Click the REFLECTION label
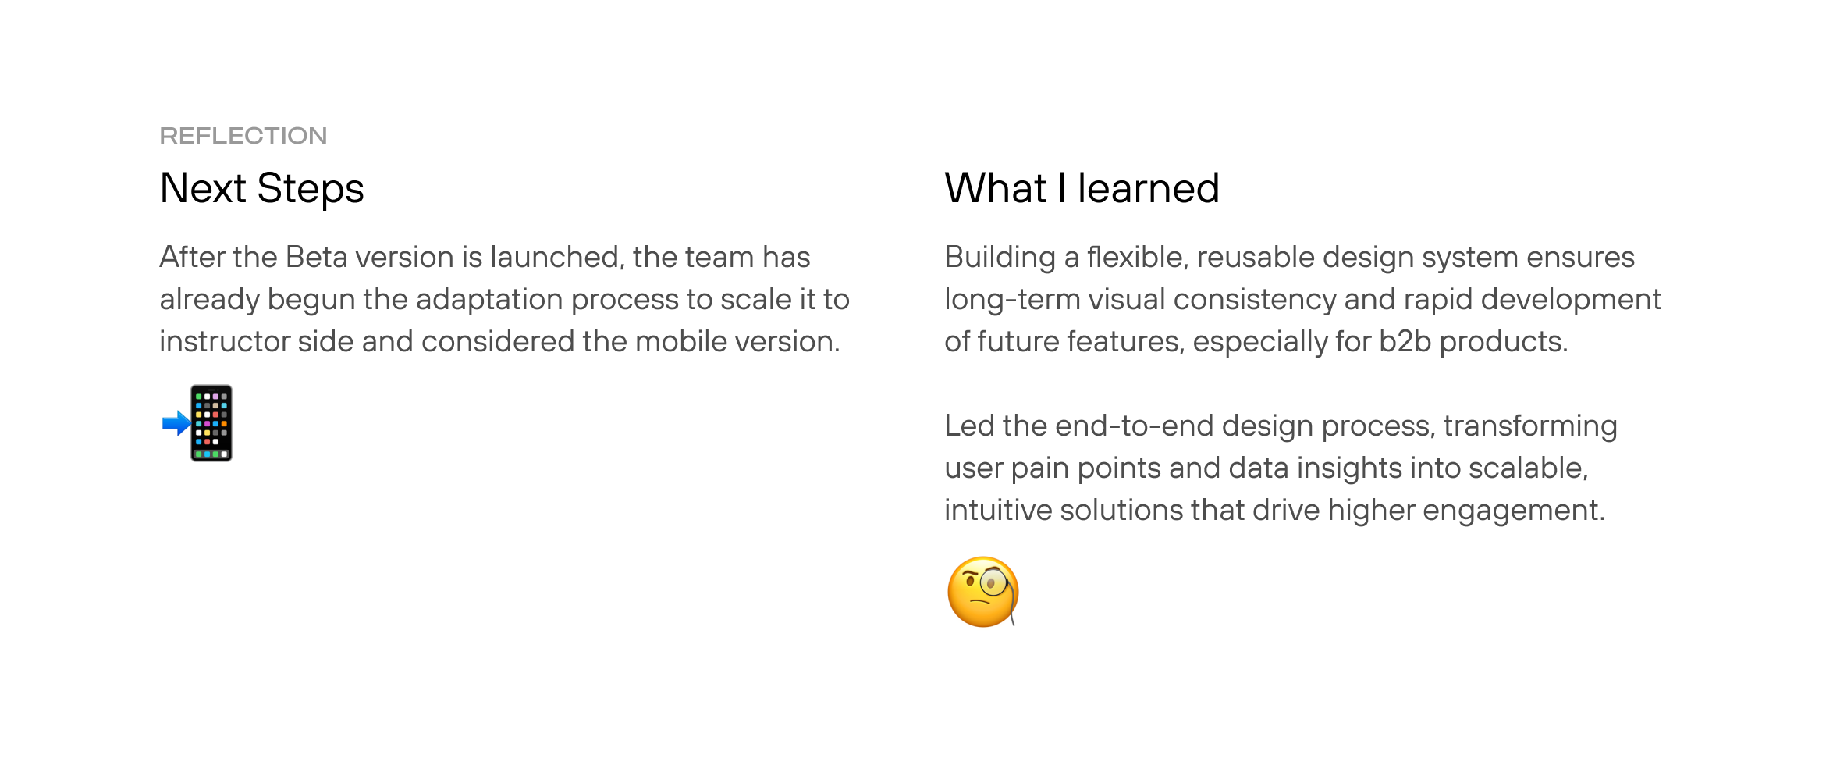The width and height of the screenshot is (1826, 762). click(x=243, y=136)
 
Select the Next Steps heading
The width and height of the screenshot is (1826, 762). click(x=262, y=189)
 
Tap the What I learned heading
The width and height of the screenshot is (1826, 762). click(x=1082, y=189)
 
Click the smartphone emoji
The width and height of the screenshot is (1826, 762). click(x=211, y=423)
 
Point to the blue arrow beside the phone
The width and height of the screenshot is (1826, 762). click(x=176, y=424)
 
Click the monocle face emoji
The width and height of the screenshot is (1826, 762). click(x=983, y=592)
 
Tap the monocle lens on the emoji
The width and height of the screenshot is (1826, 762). click(x=993, y=582)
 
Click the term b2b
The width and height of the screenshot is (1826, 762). click(x=1405, y=342)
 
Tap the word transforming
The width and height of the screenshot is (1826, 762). click(x=1530, y=426)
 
